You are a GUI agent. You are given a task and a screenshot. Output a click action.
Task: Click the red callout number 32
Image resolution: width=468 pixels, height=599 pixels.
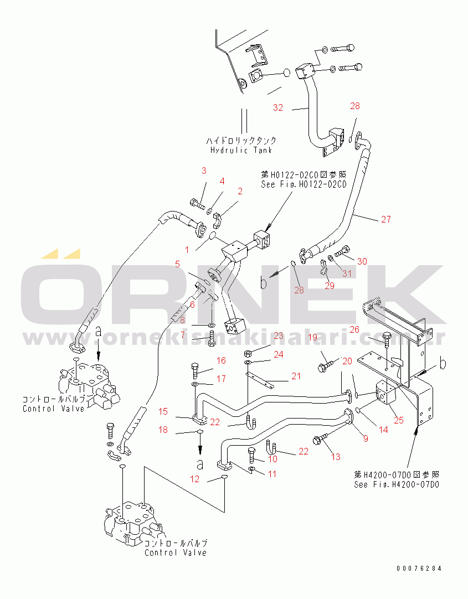pos(277,107)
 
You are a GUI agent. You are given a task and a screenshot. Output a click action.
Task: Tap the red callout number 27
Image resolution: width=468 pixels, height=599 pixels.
pos(385,219)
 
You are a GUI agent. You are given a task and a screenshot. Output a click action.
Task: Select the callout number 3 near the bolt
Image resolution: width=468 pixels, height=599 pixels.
pos(203,170)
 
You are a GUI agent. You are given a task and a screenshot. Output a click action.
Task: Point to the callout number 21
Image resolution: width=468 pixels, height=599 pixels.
pos(296,376)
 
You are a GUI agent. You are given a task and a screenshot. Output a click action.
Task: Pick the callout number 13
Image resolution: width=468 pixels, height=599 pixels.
pos(336,457)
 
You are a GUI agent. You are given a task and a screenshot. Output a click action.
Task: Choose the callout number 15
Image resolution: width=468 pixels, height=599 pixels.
pos(163,411)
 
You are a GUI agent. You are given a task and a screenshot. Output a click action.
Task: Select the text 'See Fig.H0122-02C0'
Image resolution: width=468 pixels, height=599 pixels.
pos(304,184)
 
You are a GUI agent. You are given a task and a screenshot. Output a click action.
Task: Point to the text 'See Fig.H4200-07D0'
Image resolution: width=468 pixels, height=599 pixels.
pos(397,484)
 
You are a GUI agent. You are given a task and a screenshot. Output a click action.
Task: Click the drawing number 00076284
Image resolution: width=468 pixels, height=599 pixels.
pos(419,568)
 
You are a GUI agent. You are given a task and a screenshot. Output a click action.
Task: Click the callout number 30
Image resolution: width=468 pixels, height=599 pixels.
pos(362,261)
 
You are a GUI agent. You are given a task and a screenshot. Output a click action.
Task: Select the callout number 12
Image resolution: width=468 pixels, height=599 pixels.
pos(194,479)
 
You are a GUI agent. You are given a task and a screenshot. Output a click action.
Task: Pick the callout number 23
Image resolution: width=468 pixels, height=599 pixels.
pos(277,335)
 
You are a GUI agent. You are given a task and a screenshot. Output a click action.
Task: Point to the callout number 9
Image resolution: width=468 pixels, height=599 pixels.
pos(365,439)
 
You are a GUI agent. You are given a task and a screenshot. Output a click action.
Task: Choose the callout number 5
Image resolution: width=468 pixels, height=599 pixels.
pos(177,264)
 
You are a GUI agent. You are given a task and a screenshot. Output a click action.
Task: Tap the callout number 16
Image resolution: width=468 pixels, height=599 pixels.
pos(221,360)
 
